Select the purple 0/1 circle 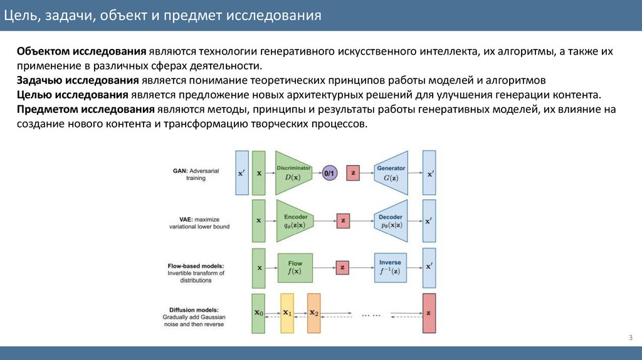coord(330,172)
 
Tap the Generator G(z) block coord(391,172)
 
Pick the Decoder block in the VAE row coord(391,221)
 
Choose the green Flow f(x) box coord(295,267)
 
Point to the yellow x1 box coord(287,313)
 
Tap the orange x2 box coord(313,313)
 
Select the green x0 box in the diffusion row coord(258,313)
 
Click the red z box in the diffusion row coord(429,313)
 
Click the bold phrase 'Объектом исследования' coord(82,51)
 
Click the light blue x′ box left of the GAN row coord(241,172)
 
